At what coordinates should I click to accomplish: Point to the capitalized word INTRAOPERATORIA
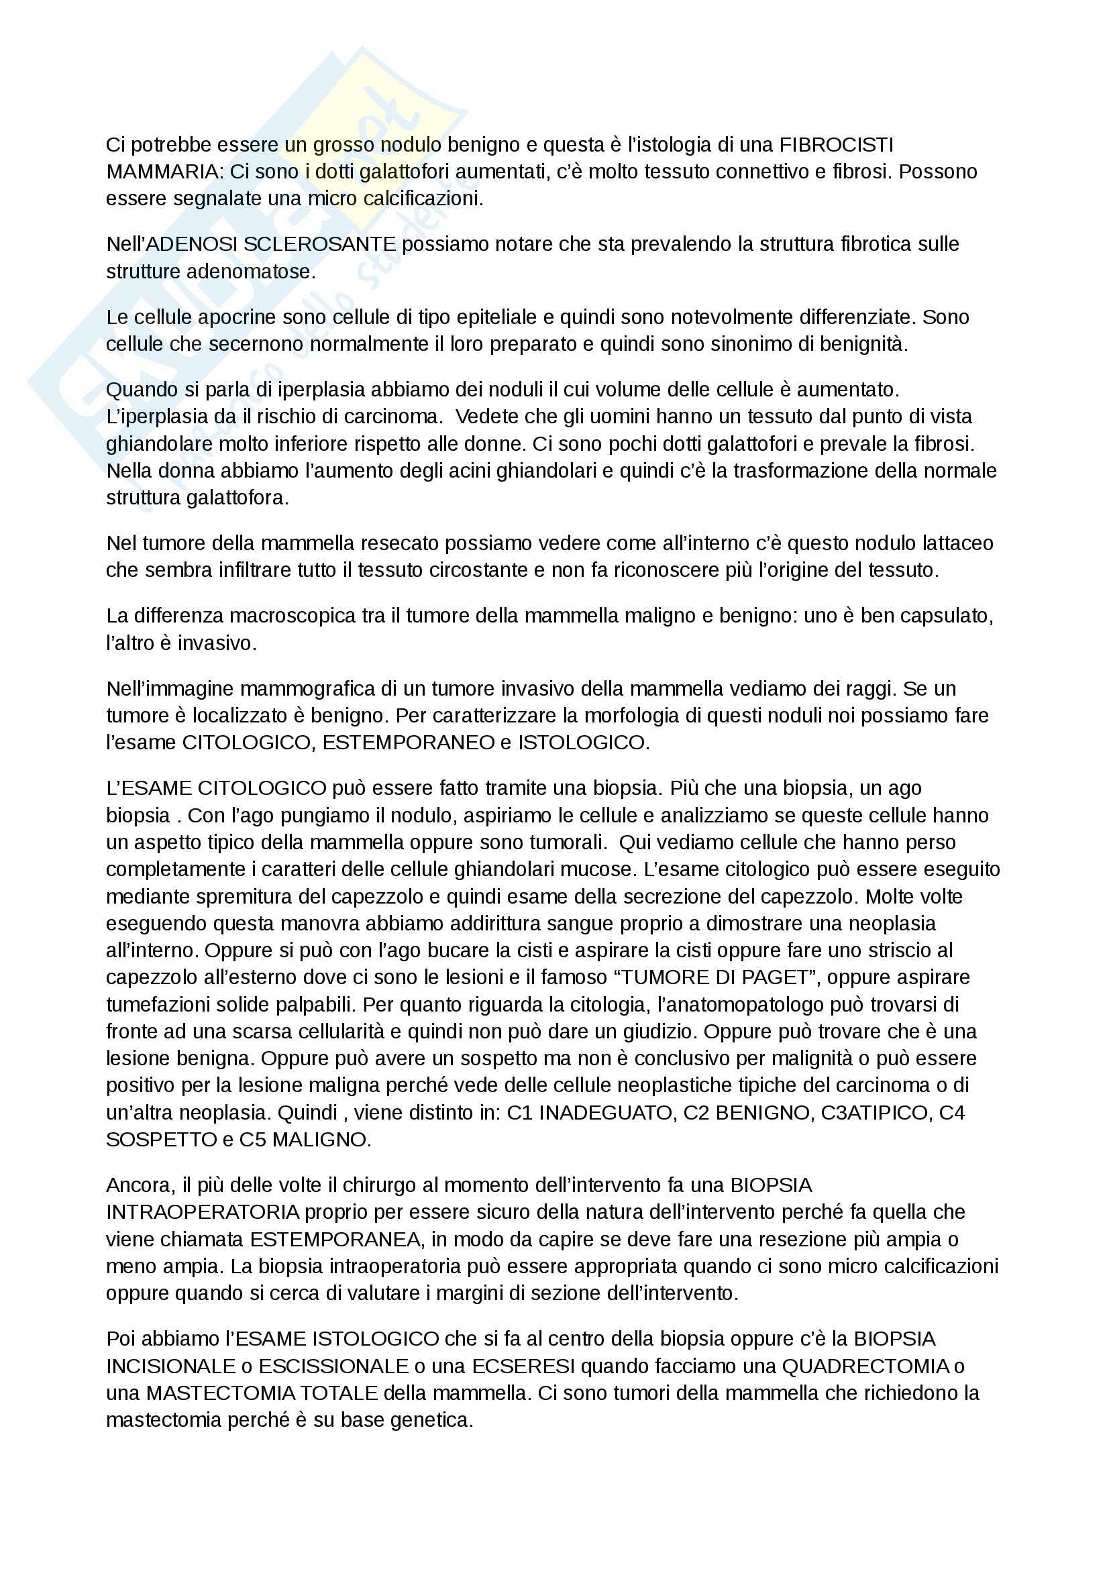point(203,1211)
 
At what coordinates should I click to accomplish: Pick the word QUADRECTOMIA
point(865,1366)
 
